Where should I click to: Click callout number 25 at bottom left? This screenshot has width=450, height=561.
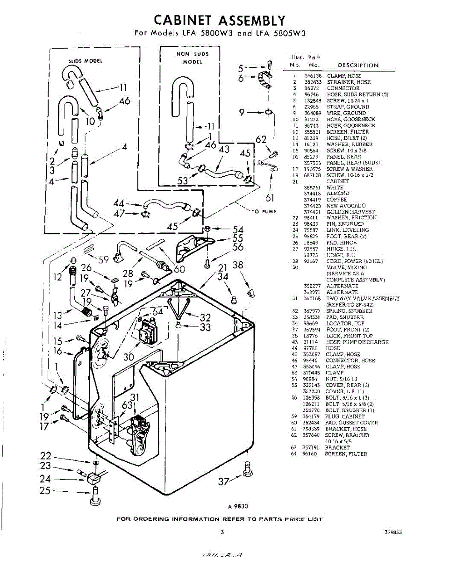[45, 491]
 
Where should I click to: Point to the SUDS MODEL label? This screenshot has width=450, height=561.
[86, 61]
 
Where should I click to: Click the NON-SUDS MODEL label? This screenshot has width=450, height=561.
[193, 58]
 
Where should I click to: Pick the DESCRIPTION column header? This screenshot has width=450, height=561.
[358, 65]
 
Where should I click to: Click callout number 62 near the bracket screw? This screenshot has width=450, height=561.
[261, 139]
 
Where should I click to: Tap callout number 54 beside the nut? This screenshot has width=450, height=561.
[238, 230]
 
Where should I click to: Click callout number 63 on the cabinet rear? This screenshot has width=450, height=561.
[127, 405]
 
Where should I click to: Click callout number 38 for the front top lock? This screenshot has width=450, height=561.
[238, 266]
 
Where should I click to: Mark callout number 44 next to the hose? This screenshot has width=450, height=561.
[119, 203]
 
